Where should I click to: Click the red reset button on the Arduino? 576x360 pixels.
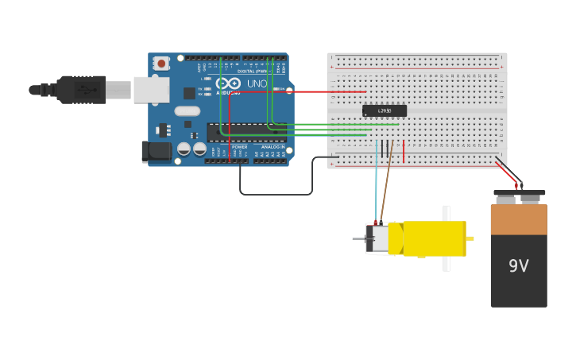[x=161, y=63]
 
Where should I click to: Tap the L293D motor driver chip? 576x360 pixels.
[x=385, y=110]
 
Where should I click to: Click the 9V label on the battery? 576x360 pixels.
[x=518, y=266]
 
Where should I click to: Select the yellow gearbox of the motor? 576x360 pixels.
[x=434, y=238]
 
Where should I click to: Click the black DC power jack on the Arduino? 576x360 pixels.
[x=157, y=151]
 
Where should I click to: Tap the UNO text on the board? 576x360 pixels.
[x=257, y=83]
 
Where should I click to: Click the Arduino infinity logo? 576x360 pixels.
[x=228, y=83]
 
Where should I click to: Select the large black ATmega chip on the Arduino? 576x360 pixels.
[x=245, y=132]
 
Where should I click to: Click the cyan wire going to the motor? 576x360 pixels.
[x=377, y=183]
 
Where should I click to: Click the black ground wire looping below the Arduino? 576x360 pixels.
[x=274, y=194]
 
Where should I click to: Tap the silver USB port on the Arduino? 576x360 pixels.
[x=151, y=90]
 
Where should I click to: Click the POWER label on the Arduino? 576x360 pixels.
[x=239, y=147]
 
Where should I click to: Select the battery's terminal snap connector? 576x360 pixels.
[x=519, y=192]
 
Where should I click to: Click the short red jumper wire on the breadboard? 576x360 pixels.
[x=404, y=151]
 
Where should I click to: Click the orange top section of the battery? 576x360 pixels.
[x=518, y=219]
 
